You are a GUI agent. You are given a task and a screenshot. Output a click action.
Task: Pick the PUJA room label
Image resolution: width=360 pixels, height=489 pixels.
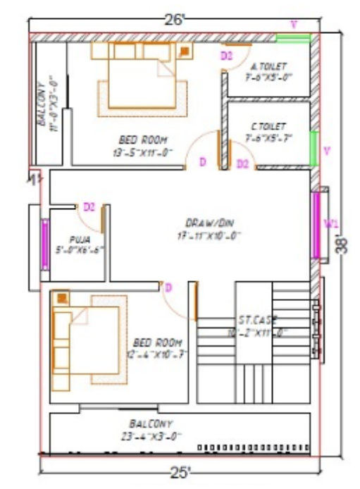point(79,244)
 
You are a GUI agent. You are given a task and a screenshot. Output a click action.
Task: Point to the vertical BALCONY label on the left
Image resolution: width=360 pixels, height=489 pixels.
point(47,102)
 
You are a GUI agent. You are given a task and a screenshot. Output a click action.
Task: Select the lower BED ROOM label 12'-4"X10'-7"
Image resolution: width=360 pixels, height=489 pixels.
point(159,348)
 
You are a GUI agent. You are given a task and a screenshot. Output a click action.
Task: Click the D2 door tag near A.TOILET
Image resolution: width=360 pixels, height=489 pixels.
point(225,56)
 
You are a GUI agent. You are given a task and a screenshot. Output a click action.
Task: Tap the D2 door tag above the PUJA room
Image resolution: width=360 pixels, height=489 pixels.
point(89,207)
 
